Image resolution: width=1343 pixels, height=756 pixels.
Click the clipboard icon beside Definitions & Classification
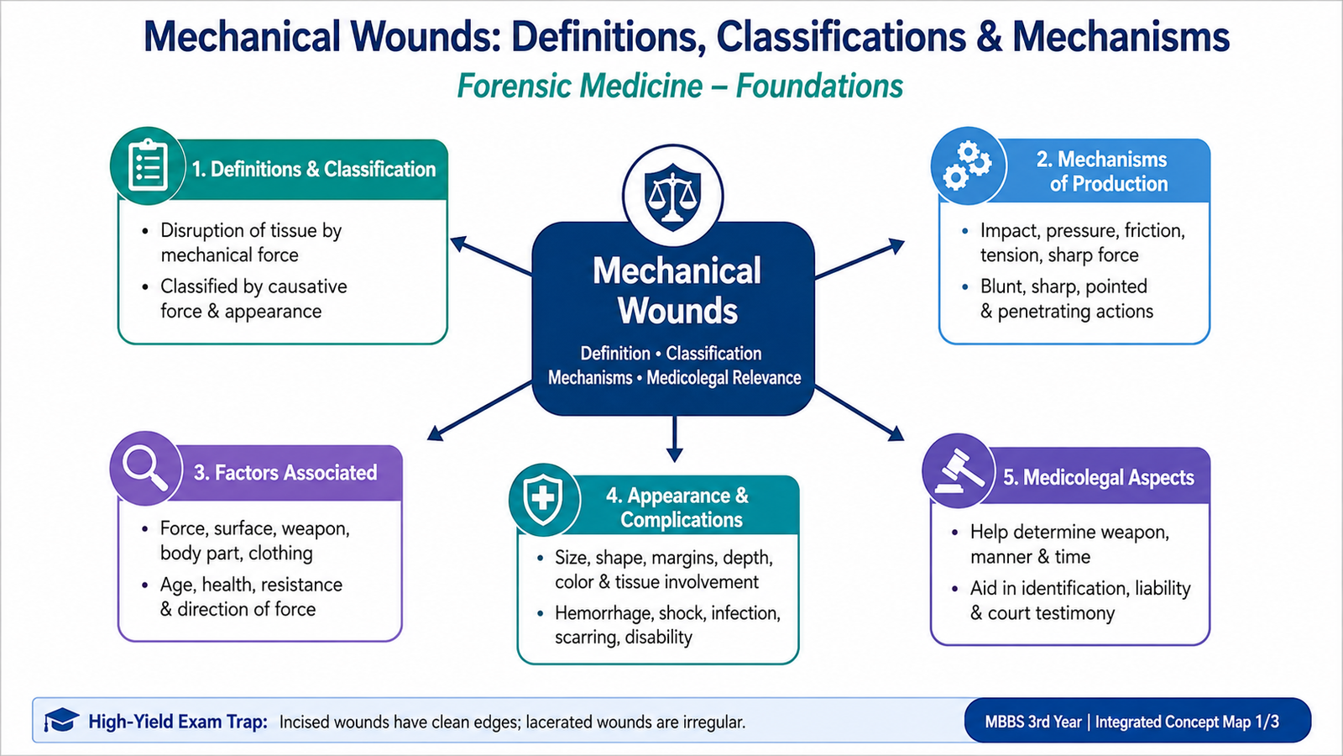point(148,165)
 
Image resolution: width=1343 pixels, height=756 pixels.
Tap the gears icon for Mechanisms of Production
point(967,165)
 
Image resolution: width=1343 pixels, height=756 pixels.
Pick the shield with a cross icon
point(543,499)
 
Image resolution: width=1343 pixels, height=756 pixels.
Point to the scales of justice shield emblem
point(672,197)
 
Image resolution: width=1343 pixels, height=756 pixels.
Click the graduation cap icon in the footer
point(61,719)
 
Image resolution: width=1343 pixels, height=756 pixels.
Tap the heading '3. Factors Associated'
point(285,473)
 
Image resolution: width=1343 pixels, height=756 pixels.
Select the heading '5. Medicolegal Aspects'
point(1099,478)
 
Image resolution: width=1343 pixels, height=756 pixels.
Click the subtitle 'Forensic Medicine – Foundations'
point(680,86)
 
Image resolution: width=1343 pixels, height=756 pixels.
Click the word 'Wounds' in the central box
point(677,311)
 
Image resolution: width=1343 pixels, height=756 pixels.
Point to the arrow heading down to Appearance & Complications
point(675,439)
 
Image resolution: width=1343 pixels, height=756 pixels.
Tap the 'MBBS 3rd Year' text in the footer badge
point(1033,722)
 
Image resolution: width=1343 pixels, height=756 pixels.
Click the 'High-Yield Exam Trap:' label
point(178,722)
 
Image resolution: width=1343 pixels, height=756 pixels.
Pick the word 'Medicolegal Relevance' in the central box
point(724,378)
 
